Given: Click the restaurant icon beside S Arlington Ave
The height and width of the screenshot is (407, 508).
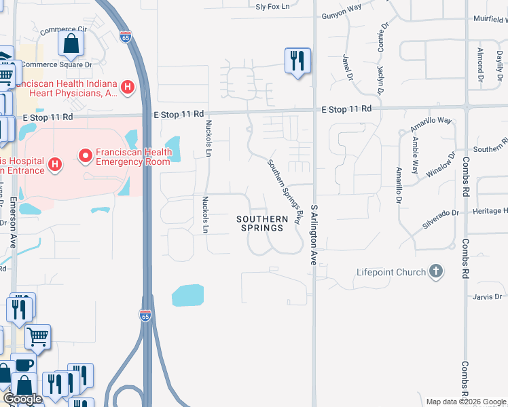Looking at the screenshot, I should tap(297, 62).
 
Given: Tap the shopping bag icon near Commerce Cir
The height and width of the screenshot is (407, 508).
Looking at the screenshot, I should tap(71, 45).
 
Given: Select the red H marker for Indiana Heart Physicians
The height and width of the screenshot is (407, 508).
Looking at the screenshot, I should tap(127, 87).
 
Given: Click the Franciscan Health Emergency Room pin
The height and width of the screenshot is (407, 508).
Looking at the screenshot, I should tap(86, 157).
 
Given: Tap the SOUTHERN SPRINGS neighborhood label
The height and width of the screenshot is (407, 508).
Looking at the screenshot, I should tap(259, 223).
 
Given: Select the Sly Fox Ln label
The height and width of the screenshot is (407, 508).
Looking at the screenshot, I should tap(272, 7).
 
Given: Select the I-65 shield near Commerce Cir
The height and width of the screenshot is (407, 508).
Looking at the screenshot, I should tap(125, 38).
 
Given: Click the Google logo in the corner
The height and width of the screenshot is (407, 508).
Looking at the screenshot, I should tap(22, 398).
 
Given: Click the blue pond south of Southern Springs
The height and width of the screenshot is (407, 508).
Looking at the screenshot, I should tap(188, 295).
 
